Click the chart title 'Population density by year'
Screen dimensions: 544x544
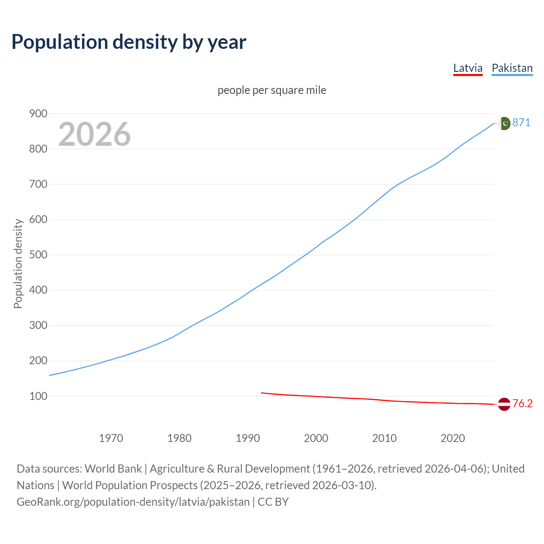point(129,42)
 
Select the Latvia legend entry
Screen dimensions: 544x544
point(467,68)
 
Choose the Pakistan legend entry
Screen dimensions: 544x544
point(512,68)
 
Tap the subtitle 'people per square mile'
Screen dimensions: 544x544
point(272,90)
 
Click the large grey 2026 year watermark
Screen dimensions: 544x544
point(94,134)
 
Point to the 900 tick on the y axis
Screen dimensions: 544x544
point(38,113)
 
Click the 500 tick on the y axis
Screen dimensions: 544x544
point(38,255)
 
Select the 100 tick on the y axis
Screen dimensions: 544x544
point(38,396)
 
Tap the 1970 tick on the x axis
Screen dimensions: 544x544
point(111,438)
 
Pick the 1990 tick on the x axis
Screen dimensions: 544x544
point(248,438)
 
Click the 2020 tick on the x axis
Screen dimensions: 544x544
point(453,438)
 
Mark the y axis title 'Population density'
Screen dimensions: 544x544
point(18,263)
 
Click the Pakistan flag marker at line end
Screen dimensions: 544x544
point(504,123)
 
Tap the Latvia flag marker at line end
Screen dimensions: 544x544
point(504,404)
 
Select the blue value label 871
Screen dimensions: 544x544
point(521,123)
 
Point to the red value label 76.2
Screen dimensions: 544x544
point(522,403)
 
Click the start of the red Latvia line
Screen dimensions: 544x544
point(262,393)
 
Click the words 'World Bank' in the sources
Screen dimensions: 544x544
point(113,469)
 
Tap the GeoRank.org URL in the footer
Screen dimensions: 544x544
point(133,502)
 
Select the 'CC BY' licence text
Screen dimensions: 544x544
point(273,502)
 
